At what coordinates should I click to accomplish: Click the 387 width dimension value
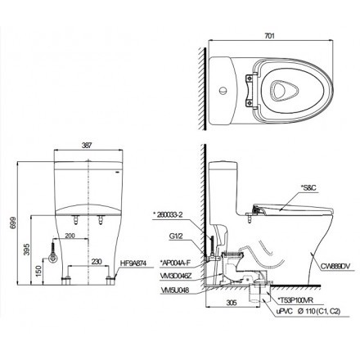point(86,144)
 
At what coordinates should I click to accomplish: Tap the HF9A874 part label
point(137,263)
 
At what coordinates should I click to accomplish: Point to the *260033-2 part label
point(170,214)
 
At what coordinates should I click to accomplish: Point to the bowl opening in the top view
point(277,84)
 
